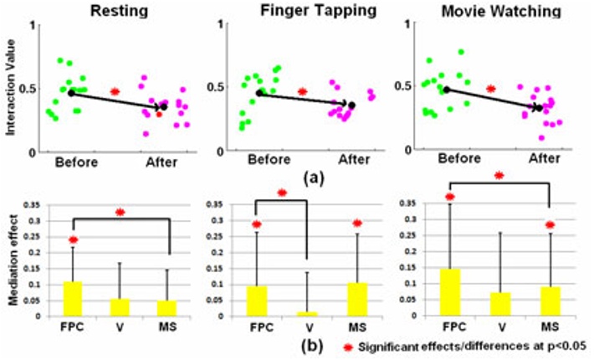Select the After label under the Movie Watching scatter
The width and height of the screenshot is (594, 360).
tap(545, 158)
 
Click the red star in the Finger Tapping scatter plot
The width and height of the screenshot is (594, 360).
tap(303, 91)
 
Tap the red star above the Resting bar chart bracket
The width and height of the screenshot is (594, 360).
tap(120, 213)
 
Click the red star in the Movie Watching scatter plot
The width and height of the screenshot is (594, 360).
tap(491, 88)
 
